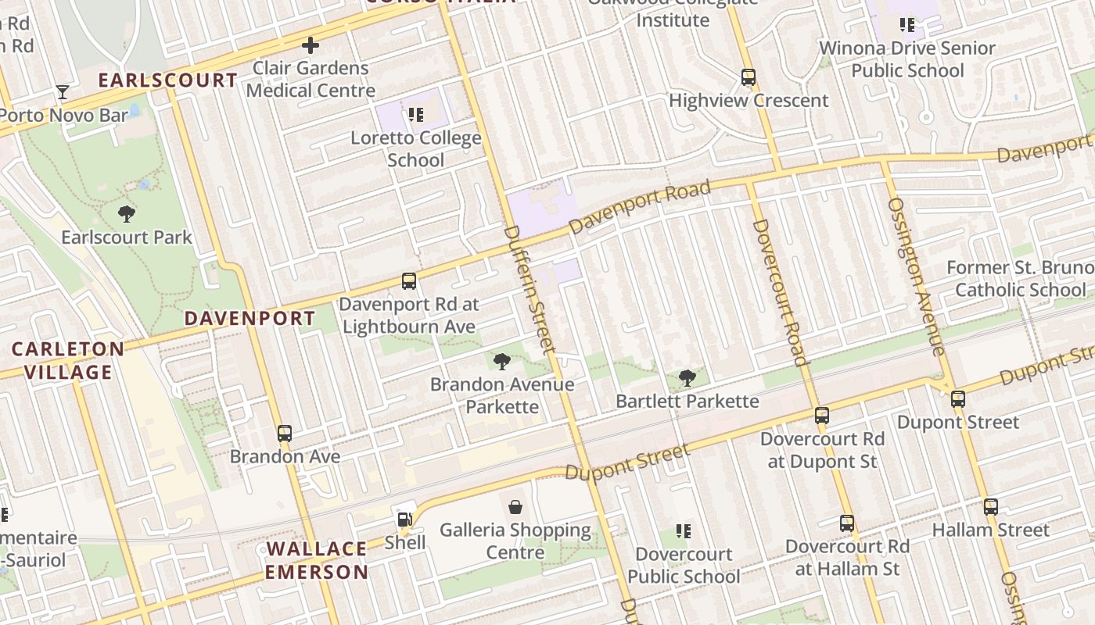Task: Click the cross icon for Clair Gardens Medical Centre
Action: [311, 45]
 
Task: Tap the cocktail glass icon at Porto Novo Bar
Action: [63, 92]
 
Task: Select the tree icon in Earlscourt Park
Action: [126, 213]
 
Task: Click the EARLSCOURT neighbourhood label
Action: [167, 80]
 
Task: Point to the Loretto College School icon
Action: [416, 116]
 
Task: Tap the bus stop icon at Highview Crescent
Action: [749, 77]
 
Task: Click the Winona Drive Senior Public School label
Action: [907, 59]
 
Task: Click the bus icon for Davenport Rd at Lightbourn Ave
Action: [408, 280]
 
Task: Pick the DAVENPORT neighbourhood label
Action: [250, 318]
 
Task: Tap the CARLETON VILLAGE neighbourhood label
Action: [67, 360]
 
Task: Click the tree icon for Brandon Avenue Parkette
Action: [502, 361]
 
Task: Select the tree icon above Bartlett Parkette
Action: [688, 378]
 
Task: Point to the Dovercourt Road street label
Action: [779, 292]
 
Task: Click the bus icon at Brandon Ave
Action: [285, 433]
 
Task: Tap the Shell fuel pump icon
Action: [404, 519]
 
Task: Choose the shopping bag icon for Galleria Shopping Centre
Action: [515, 507]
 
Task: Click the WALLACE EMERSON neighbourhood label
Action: [316, 560]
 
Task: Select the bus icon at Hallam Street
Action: [991, 506]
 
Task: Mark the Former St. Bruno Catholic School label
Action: [1020, 279]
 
